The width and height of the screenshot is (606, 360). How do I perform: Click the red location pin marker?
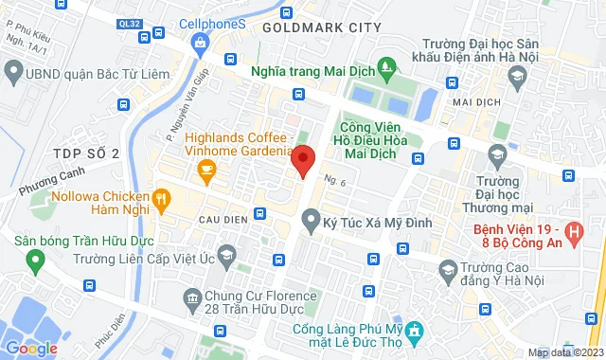pos(302,161)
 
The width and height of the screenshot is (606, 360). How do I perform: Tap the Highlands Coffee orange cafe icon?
pos(205,171)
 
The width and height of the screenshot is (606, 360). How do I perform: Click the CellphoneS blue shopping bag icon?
pos(200,43)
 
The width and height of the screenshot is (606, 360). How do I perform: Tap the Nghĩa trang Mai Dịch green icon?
pos(384,67)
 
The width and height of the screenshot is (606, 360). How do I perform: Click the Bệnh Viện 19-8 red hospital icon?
pos(572,230)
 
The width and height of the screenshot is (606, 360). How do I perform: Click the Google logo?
pos(30,348)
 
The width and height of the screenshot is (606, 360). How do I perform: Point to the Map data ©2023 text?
pos(564,352)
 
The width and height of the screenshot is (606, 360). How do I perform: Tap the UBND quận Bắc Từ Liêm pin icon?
pos(13,71)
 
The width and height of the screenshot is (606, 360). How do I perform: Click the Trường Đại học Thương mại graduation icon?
pos(497,154)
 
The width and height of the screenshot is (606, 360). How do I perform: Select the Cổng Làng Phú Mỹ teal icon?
pos(414,330)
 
